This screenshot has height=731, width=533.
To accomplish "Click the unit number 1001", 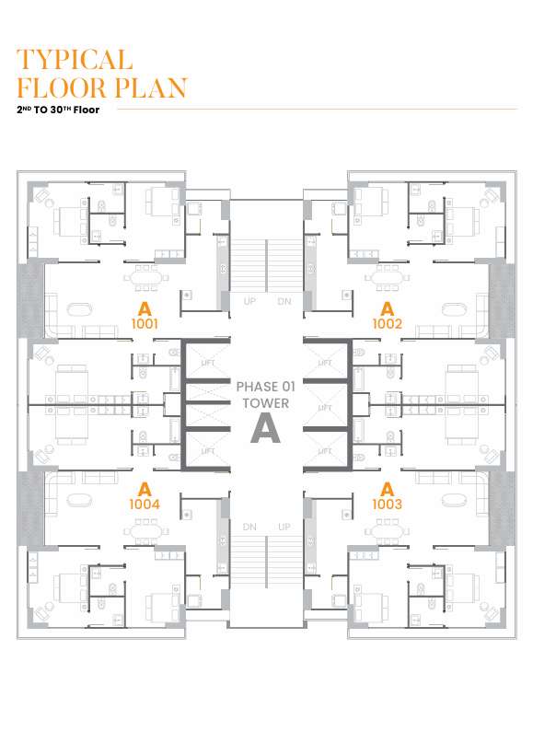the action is [x=145, y=323].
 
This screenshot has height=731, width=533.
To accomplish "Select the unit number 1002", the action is [x=387, y=323].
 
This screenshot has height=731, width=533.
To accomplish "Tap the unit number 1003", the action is [x=387, y=504].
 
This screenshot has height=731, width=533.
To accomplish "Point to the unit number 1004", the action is [x=145, y=504].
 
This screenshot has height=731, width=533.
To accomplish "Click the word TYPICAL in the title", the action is [x=75, y=60].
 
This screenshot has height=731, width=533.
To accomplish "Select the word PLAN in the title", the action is [x=151, y=87].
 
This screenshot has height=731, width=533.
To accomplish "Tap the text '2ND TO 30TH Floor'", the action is [x=58, y=110].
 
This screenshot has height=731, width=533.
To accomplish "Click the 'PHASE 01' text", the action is [x=266, y=387].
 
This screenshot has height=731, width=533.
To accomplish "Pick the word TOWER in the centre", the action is [x=266, y=403].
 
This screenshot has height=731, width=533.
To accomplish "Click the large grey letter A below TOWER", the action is [x=266, y=429].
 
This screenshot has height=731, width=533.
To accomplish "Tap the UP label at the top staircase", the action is [x=249, y=302].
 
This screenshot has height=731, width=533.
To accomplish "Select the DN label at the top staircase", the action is [x=284, y=302].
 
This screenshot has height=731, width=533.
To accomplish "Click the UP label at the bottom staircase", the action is [x=284, y=527].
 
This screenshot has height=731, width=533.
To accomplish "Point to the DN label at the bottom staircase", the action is [x=249, y=527].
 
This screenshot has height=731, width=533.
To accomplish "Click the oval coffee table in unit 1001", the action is [x=79, y=309].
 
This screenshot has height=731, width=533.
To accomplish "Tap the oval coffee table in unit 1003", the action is [x=454, y=500].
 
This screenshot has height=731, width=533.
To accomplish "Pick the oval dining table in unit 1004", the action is [x=146, y=531].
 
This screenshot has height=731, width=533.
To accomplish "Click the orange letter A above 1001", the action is [x=145, y=309].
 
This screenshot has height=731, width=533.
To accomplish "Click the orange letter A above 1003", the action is [x=387, y=489].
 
